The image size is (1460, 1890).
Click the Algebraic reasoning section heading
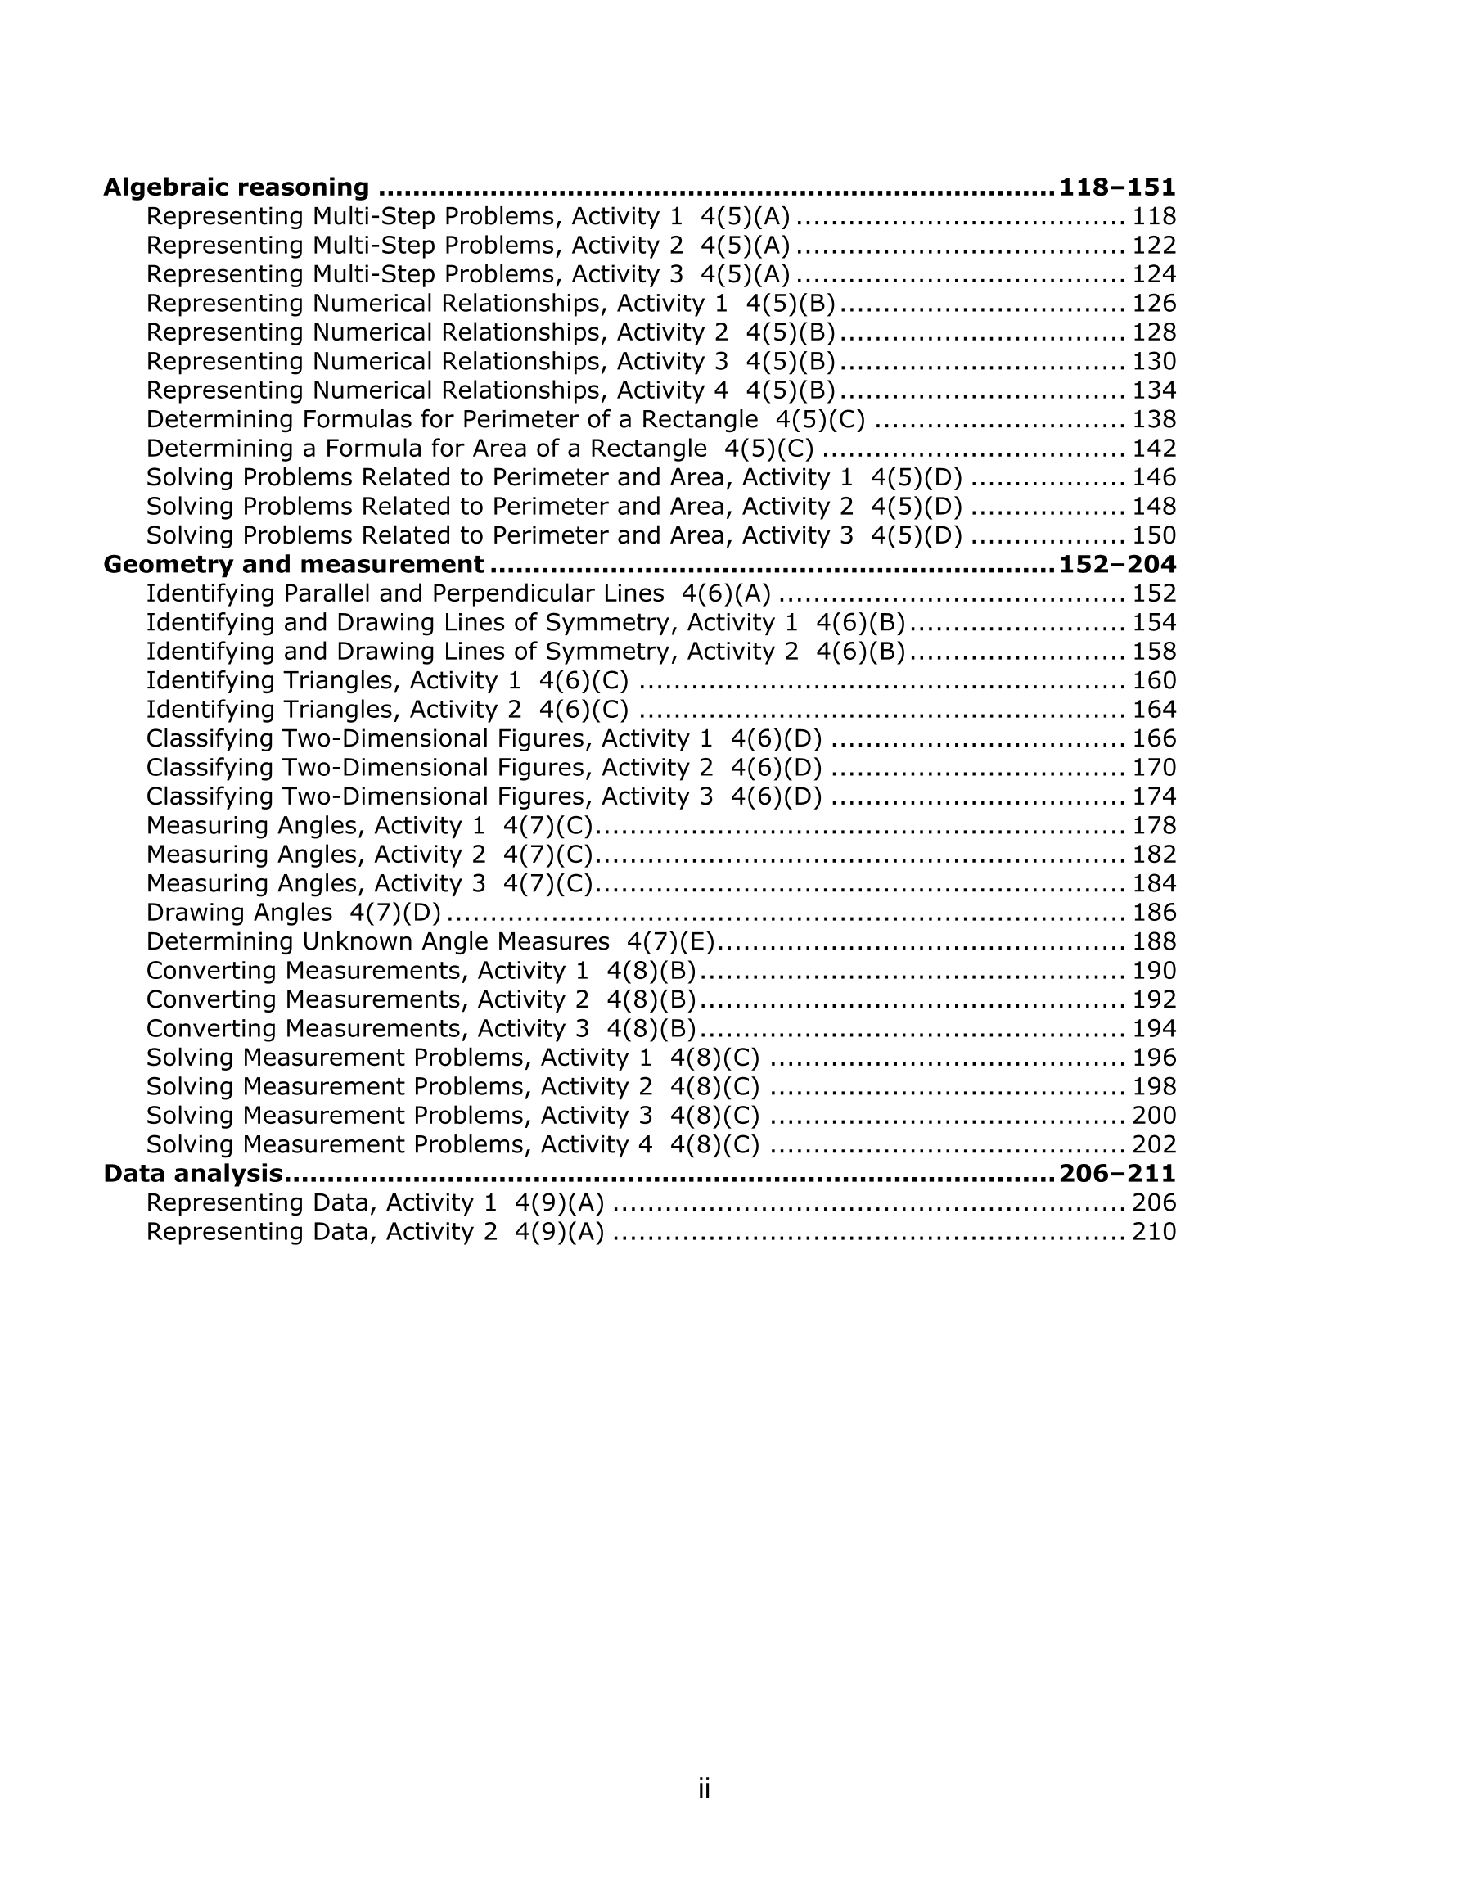[x=237, y=187]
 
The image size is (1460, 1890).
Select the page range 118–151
[x=1117, y=187]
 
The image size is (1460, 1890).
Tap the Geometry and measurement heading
[x=293, y=564]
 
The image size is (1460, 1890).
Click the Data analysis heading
[x=193, y=1174]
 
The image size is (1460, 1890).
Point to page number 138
[x=1155, y=420]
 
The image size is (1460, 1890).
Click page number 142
[x=1155, y=449]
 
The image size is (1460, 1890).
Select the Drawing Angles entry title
[x=239, y=913]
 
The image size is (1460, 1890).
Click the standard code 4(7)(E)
[x=671, y=941]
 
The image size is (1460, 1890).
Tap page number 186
[x=1155, y=913]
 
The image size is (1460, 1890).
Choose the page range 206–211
[x=1117, y=1174]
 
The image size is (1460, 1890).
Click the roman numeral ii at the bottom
[x=705, y=1788]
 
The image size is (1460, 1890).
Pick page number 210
[x=1155, y=1231]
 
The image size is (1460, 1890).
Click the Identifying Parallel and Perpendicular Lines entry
[x=405, y=593]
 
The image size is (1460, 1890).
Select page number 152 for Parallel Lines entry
[x=1155, y=593]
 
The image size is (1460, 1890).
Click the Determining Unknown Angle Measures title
[x=377, y=941]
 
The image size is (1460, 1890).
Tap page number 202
[x=1155, y=1145]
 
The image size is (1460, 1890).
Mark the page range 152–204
[x=1117, y=564]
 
